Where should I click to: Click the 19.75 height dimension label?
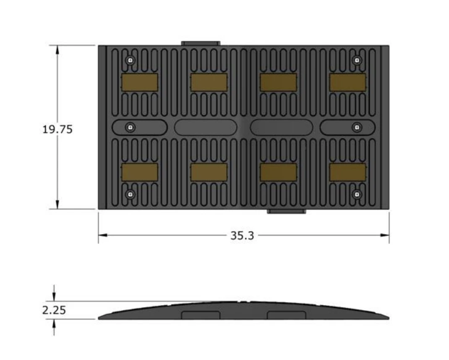click(x=57, y=129)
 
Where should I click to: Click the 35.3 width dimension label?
click(x=242, y=235)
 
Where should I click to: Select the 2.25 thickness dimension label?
click(x=54, y=310)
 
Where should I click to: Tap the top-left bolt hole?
click(x=131, y=60)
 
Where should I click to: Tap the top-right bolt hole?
click(x=356, y=60)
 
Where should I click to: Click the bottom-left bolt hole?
click(x=131, y=194)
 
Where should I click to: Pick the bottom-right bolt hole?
click(x=356, y=194)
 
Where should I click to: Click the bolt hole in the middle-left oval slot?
click(x=131, y=127)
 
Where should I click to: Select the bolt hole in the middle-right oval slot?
click(x=356, y=127)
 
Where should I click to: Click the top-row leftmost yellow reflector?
click(x=140, y=82)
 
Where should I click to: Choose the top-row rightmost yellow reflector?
click(x=347, y=82)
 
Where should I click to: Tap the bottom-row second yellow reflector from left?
click(x=209, y=172)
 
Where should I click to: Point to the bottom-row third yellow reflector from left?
click(x=278, y=172)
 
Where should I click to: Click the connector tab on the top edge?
click(x=201, y=43)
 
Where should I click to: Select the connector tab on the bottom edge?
click(x=287, y=211)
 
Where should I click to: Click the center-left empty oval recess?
click(x=206, y=127)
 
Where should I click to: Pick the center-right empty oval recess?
click(x=282, y=127)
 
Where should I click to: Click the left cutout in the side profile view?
click(x=201, y=315)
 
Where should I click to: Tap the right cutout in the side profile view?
click(x=287, y=315)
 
